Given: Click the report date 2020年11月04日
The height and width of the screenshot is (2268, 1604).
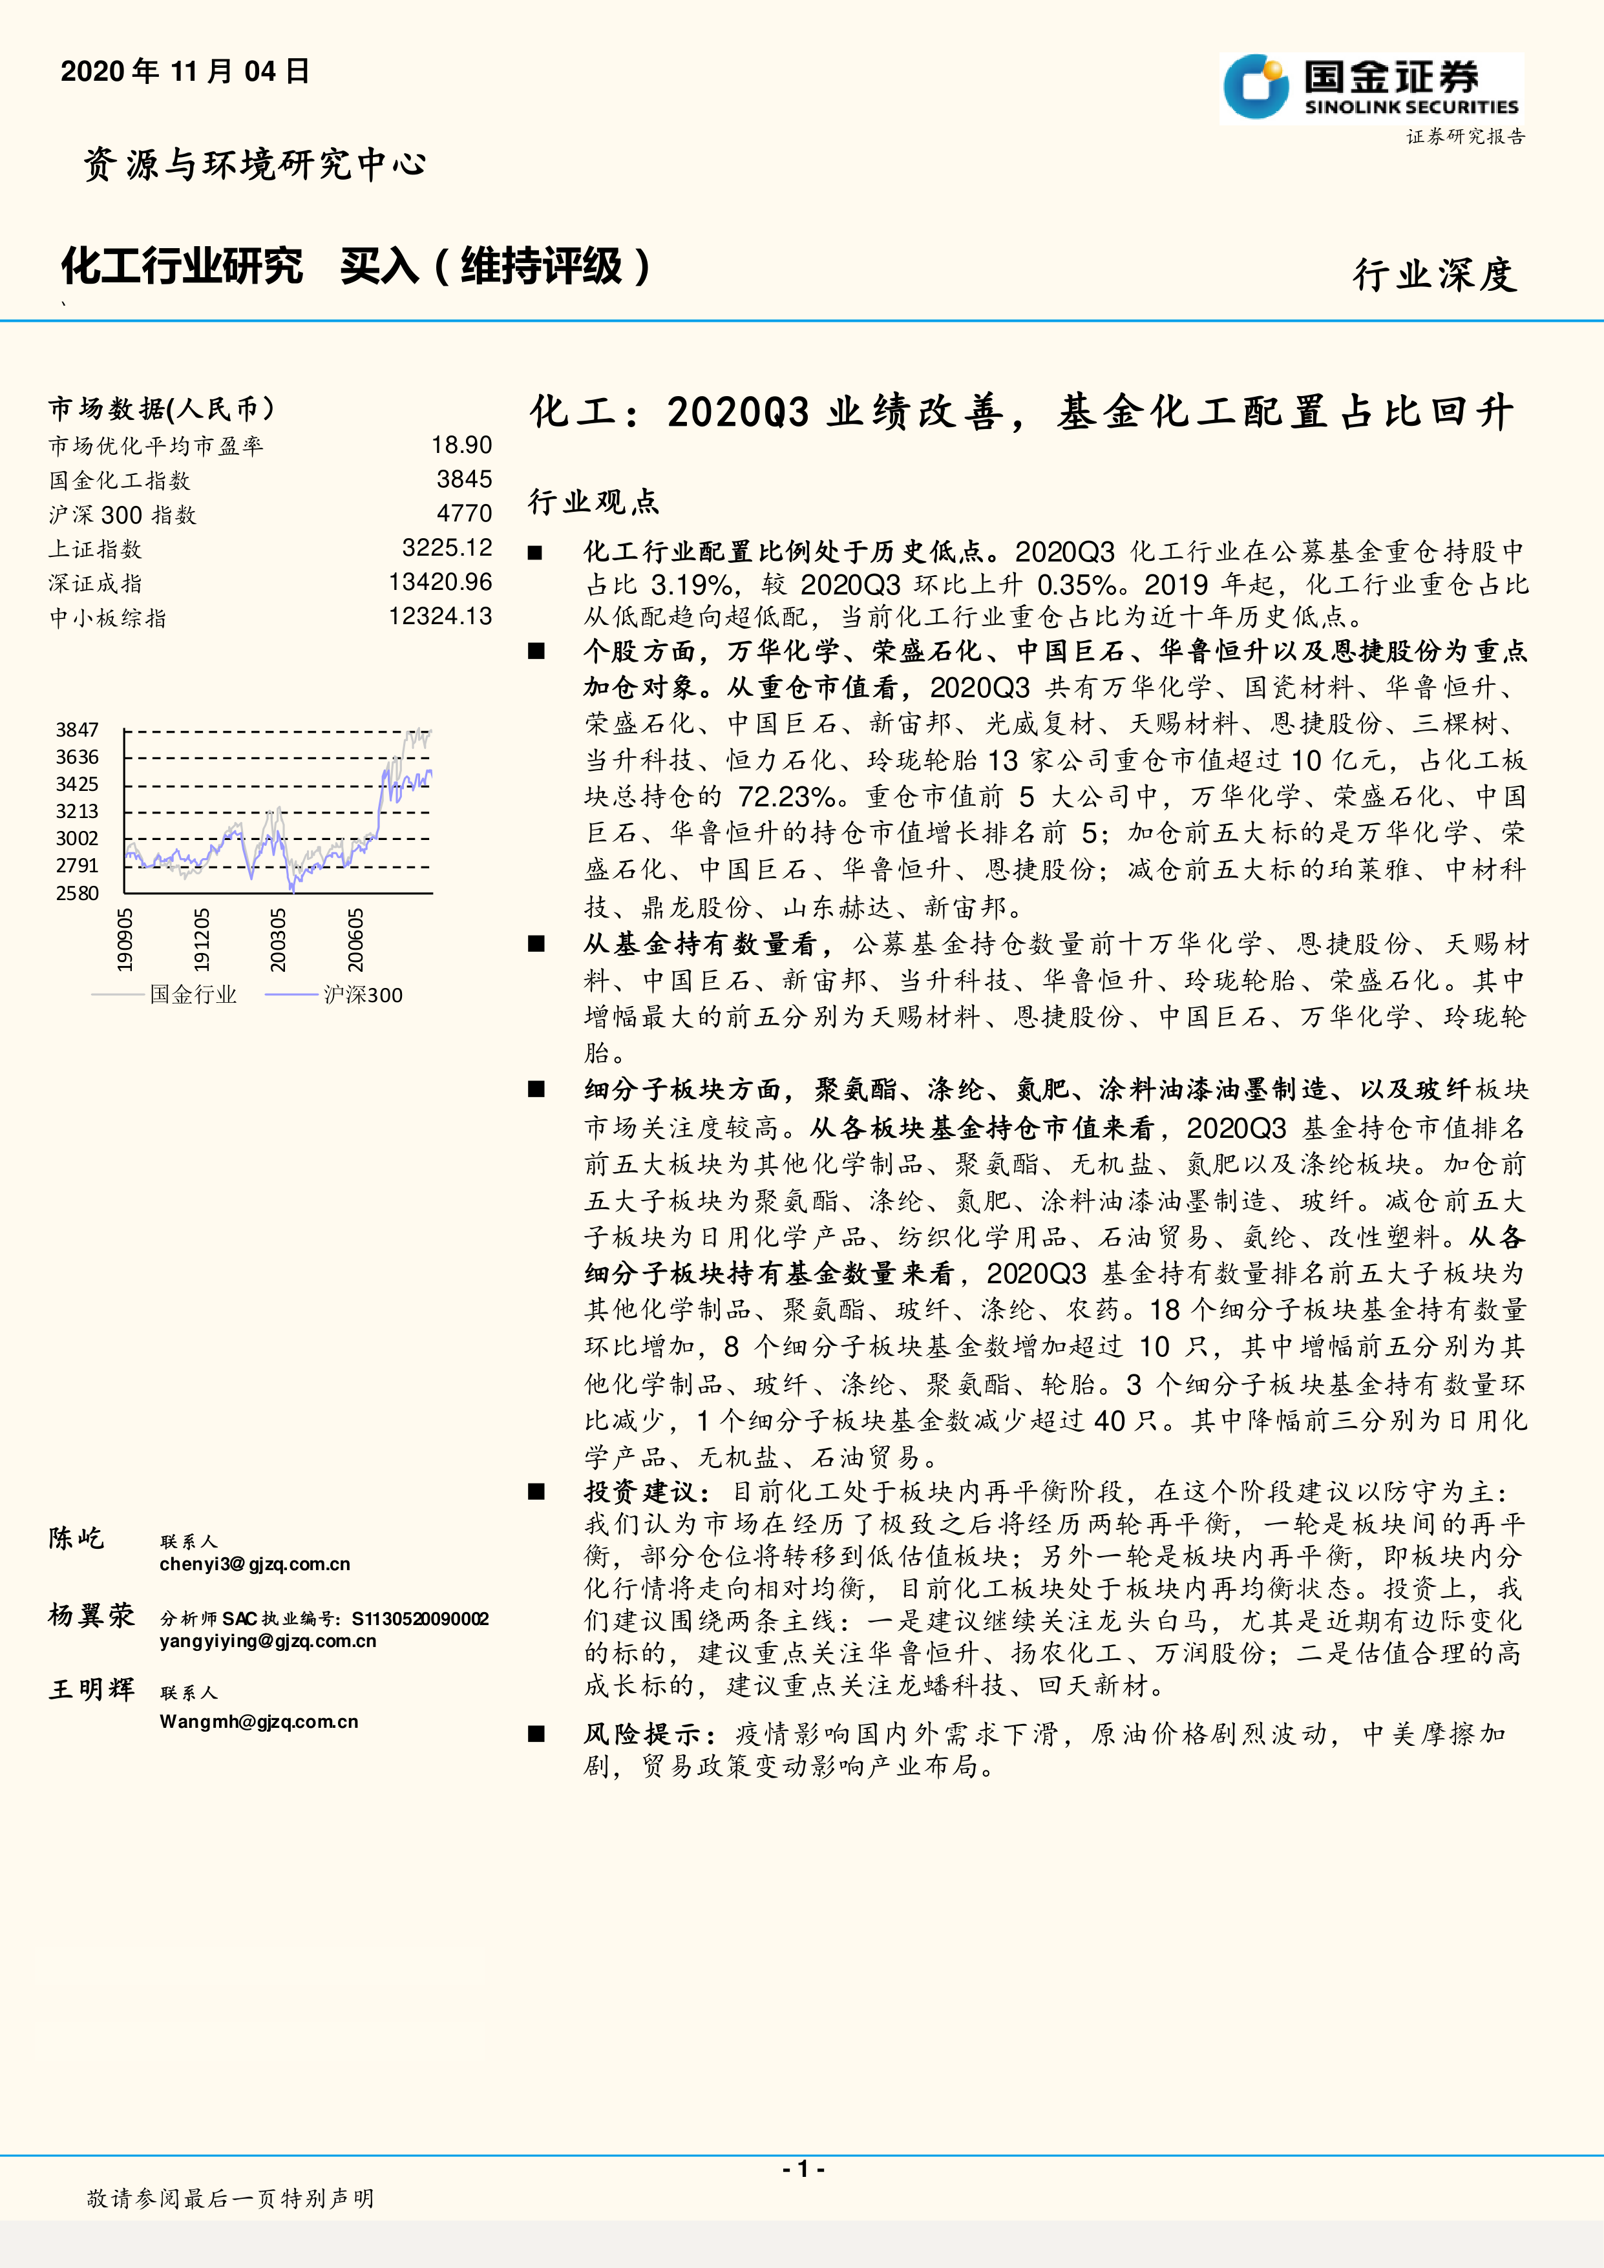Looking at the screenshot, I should [185, 71].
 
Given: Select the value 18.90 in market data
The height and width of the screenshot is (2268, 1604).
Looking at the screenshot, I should [461, 445].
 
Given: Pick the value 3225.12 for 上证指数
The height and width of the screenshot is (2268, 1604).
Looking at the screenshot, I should [447, 548].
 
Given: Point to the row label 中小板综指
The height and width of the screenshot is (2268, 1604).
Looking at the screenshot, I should [108, 618].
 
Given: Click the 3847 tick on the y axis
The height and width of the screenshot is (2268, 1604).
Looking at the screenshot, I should [77, 730].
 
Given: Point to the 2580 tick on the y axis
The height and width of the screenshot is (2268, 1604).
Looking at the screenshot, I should [77, 893].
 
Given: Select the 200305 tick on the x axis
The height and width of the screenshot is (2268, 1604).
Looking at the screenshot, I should [279, 940].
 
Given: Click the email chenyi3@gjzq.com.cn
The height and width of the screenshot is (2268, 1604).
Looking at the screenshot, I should [255, 1564].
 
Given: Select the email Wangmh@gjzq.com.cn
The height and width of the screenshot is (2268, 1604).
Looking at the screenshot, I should [259, 1722].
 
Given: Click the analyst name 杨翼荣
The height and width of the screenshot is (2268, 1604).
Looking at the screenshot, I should [91, 1615].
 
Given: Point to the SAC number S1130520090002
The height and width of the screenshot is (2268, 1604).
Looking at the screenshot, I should [420, 1618].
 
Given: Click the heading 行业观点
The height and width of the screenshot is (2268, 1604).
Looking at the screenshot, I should [594, 502].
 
